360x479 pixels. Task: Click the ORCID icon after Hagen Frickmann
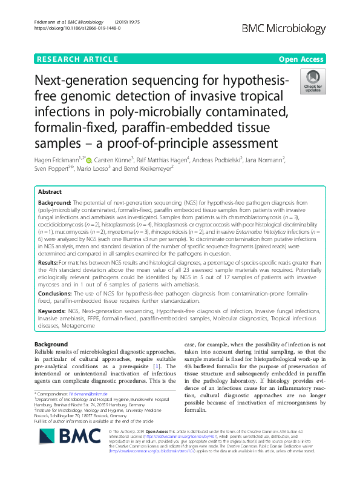click(89, 160)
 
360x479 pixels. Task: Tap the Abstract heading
click(50, 191)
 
